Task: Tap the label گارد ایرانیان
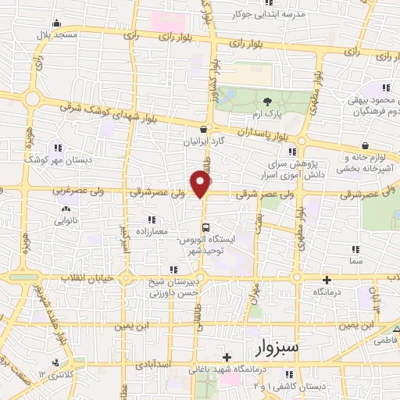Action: (203, 143)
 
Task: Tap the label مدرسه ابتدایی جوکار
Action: (269, 13)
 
